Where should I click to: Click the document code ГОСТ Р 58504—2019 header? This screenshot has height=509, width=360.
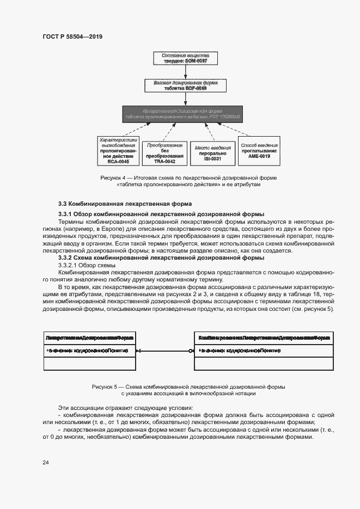tap(72, 36)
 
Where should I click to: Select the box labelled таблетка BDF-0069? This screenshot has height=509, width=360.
tap(185, 85)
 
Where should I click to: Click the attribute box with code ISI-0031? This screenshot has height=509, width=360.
tap(210, 151)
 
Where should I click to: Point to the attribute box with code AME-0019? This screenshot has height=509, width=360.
tap(259, 151)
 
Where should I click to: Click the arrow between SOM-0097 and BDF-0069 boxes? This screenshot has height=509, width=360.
tap(185, 72)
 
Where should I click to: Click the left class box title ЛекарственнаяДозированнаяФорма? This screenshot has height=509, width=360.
tap(90, 338)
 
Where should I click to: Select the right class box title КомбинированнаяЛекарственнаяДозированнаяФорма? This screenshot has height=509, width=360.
tap(264, 338)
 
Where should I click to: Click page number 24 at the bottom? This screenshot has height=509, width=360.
tap(46, 462)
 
